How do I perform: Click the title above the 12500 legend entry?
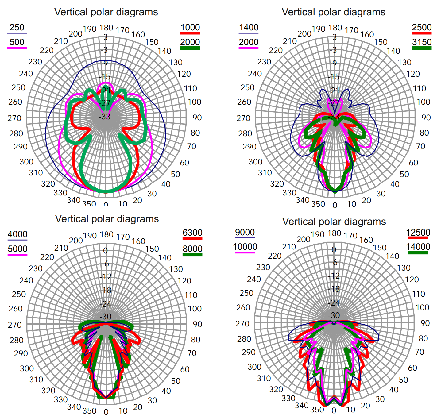pyautogui.click(x=334, y=222)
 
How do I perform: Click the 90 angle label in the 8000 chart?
pyautogui.click(x=197, y=324)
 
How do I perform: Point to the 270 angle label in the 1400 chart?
pyautogui.click(x=243, y=118)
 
